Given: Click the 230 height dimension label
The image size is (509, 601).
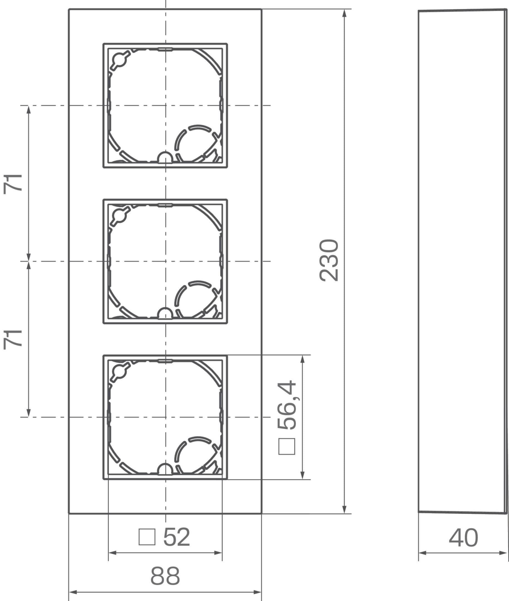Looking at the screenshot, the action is pyautogui.click(x=329, y=260).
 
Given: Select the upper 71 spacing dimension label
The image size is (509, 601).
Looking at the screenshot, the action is pyautogui.click(x=13, y=184).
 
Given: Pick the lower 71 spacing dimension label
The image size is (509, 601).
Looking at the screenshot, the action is pyautogui.click(x=13, y=340).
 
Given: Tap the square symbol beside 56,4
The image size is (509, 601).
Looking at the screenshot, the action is pyautogui.click(x=287, y=446).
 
